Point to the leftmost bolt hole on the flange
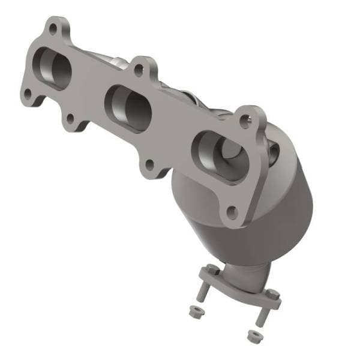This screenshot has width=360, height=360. tap(28, 94)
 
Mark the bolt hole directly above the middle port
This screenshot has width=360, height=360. tap(139, 70)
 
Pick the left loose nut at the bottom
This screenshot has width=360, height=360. tap(194, 312)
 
